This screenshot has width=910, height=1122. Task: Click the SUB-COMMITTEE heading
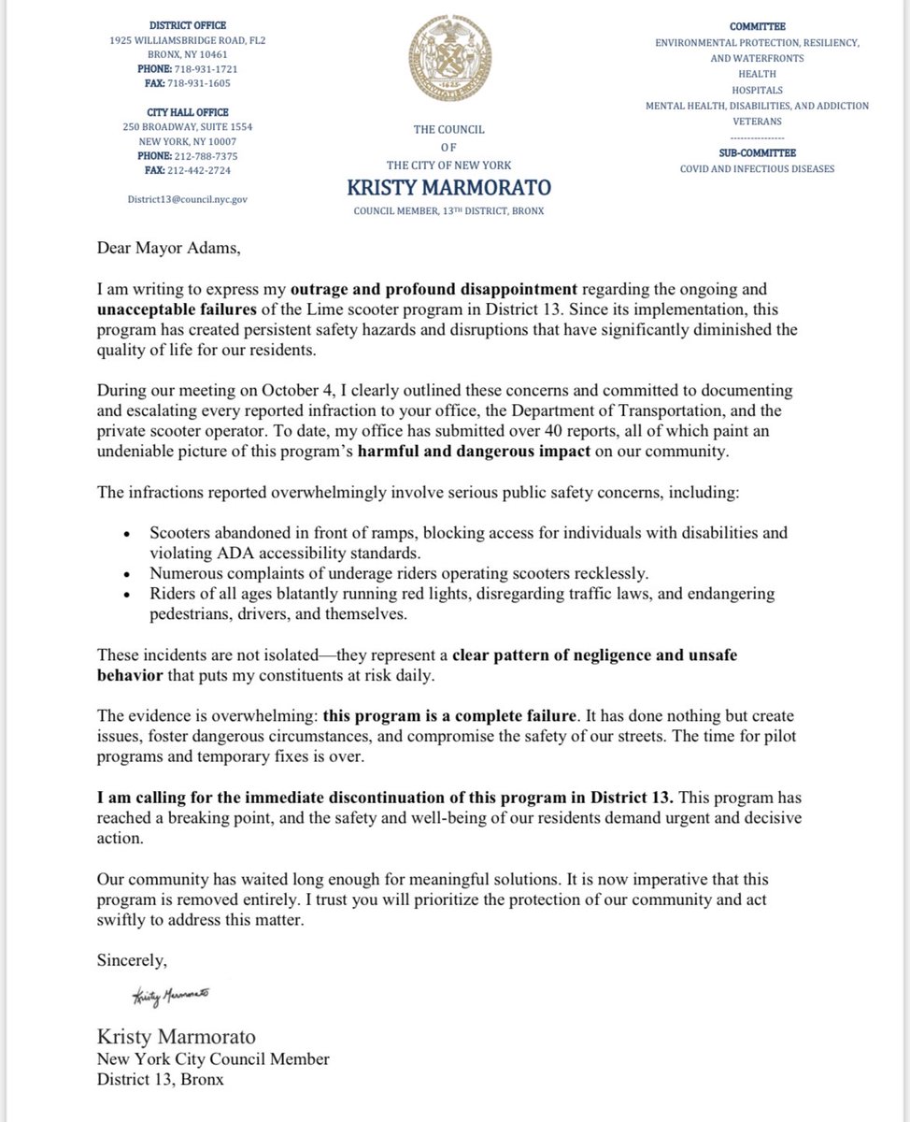(758, 151)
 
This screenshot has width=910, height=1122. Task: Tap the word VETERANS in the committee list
(758, 122)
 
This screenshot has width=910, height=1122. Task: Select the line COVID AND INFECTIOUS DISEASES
(758, 168)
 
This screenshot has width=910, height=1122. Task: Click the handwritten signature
(169, 997)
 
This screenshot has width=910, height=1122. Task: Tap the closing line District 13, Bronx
(161, 1078)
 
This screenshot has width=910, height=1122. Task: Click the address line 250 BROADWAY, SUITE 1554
(187, 126)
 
